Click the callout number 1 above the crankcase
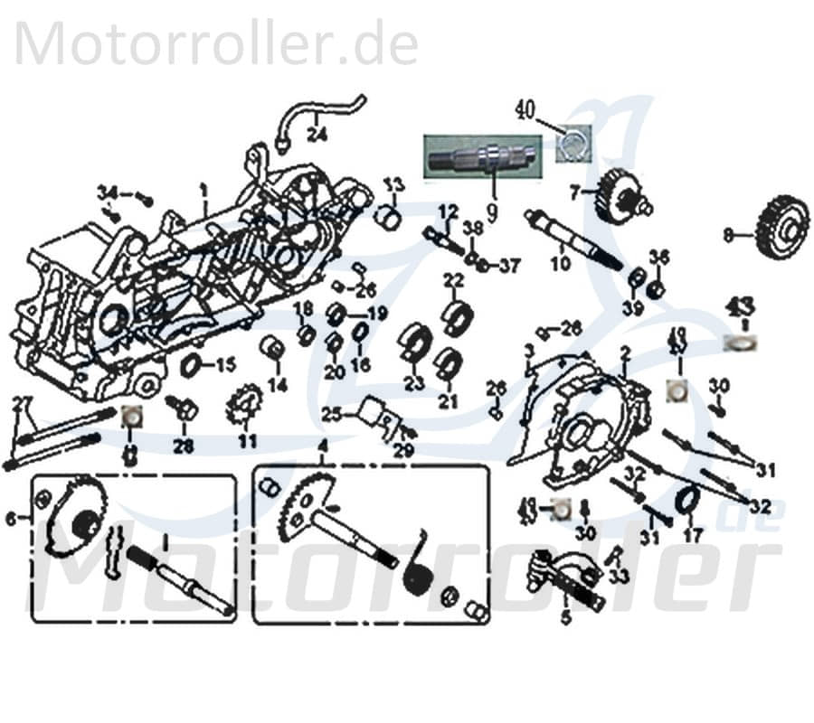[204, 191]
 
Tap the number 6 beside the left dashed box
[11, 518]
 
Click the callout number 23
[414, 383]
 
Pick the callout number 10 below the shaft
[560, 264]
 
